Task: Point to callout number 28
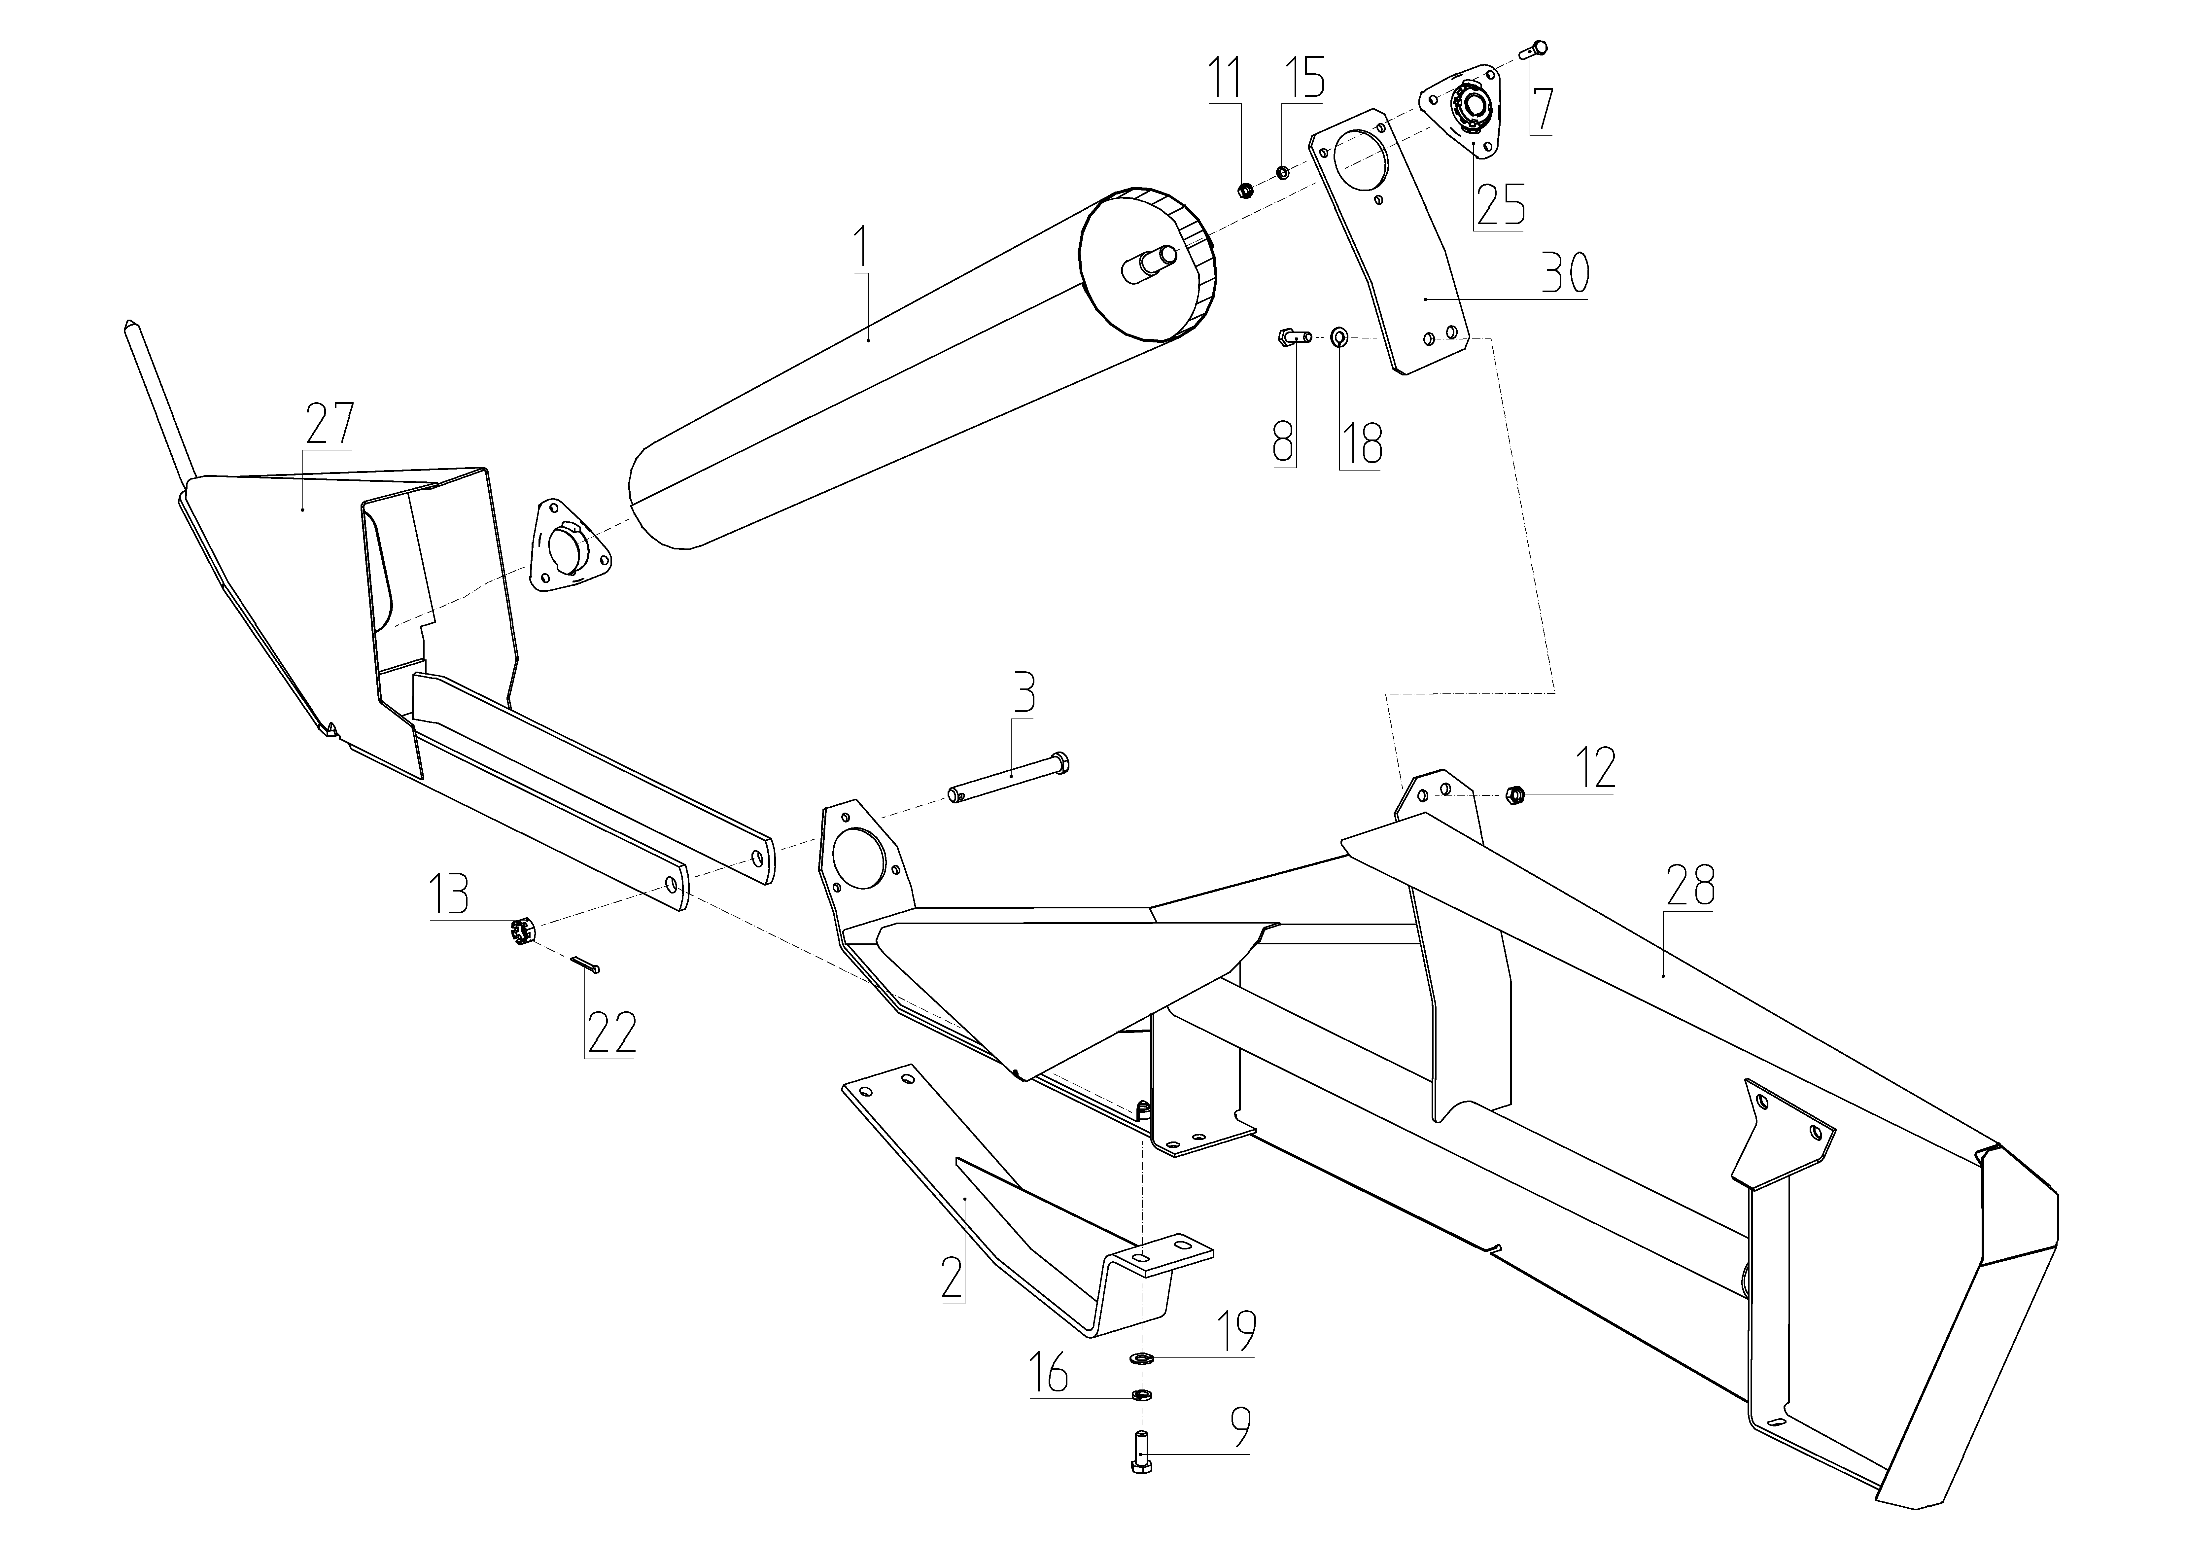(x=1690, y=885)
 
